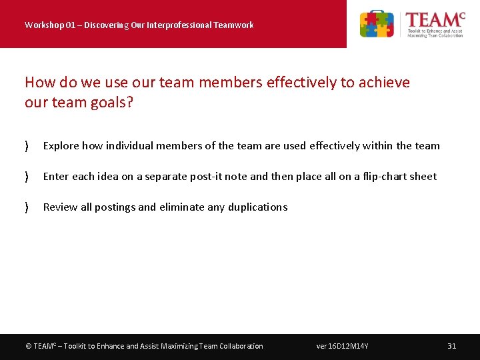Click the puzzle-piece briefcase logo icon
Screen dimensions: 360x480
click(377, 24)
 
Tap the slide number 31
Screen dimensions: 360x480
click(451, 346)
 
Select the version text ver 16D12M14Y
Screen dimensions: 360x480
click(342, 346)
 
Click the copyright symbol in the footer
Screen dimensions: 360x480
click(28, 346)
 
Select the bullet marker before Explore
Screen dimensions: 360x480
click(26, 146)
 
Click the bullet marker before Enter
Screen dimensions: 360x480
click(26, 177)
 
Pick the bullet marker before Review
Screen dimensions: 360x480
click(26, 207)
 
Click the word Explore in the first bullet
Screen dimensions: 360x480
click(61, 146)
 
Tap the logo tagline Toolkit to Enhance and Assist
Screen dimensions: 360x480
click(435, 31)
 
